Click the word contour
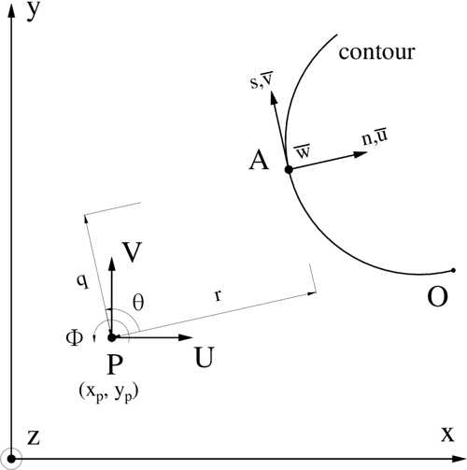pos(379,53)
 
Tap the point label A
pos(259,162)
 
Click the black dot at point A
pos(289,170)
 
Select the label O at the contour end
pos(436,296)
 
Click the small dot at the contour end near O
pos(453,272)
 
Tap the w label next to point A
pos(303,150)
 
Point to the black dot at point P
pos(111,337)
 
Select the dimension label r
pos(218,296)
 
